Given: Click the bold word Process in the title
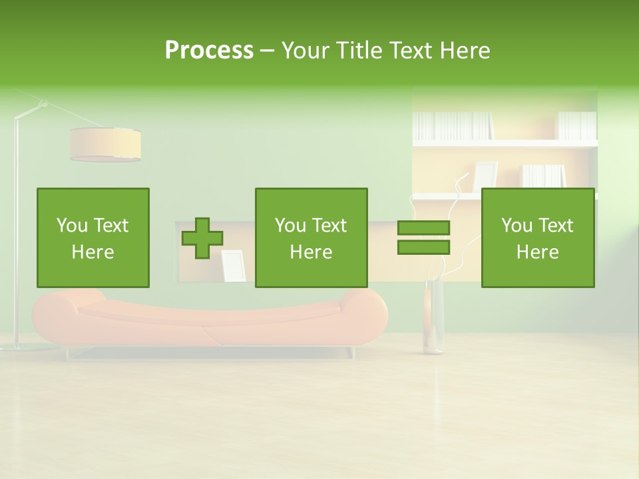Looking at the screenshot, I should click(209, 51).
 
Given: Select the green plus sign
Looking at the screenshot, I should click(202, 238).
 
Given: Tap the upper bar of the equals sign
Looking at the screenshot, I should click(423, 228).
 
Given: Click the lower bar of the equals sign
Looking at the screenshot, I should click(423, 247).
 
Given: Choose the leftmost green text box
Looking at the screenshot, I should click(93, 238).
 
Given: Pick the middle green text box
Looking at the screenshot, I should click(312, 238).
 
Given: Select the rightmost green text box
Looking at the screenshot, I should click(538, 238).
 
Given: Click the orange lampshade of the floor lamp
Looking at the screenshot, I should click(105, 144).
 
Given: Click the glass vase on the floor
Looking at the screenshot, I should click(433, 318).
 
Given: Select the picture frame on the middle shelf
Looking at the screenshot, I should click(485, 176).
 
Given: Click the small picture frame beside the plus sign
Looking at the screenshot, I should click(234, 265).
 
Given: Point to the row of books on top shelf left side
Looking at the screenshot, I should click(453, 125).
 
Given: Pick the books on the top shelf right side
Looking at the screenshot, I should click(576, 125).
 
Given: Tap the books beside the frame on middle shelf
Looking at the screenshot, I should click(542, 176).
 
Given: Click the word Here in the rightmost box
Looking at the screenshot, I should click(538, 252).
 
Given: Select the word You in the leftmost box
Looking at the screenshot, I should click(72, 226).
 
